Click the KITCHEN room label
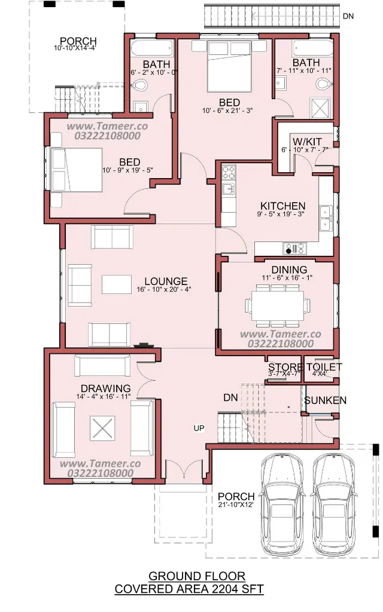(x=282, y=206)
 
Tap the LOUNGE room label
(x=166, y=281)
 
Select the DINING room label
(x=289, y=270)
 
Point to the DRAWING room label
(x=105, y=388)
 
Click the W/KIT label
(x=307, y=141)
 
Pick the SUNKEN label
(x=325, y=400)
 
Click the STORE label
(x=285, y=367)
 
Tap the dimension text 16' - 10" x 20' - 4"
(x=164, y=290)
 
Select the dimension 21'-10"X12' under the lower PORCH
(x=236, y=504)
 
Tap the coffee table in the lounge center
(x=117, y=284)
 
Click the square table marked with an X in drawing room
(x=102, y=428)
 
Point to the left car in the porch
(x=282, y=504)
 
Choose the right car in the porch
(x=335, y=504)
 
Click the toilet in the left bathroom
(x=138, y=85)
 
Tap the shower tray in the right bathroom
(x=320, y=108)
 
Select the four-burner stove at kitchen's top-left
(x=229, y=172)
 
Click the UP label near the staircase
(x=199, y=428)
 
